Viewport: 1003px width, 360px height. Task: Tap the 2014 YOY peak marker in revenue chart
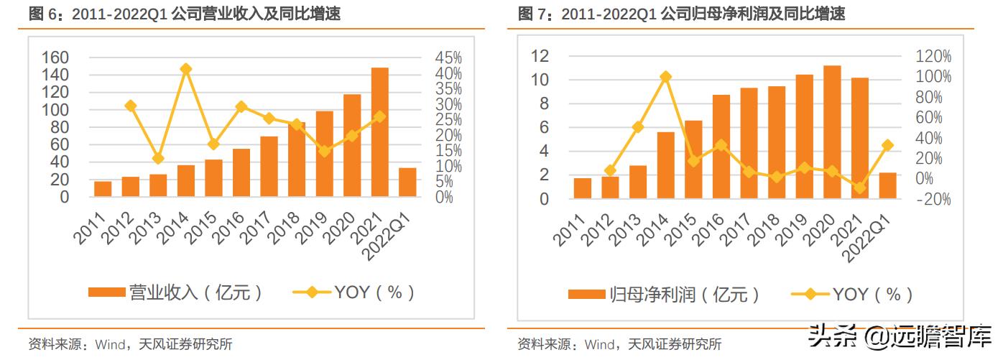click(x=186, y=69)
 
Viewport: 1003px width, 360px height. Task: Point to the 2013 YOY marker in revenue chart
click(x=158, y=158)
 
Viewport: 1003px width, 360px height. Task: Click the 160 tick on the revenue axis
click(x=55, y=57)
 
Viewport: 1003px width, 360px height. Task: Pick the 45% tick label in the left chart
click(x=448, y=57)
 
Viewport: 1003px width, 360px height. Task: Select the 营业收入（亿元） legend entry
click(x=175, y=292)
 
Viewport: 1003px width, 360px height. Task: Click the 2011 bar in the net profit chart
click(x=583, y=188)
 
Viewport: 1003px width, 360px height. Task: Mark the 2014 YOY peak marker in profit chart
click(x=666, y=76)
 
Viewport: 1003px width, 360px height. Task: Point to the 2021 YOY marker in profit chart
click(x=860, y=188)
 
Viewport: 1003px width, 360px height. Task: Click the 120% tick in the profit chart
click(x=933, y=56)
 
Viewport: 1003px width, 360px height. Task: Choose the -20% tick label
click(x=933, y=199)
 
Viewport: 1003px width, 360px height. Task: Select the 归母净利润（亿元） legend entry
click(x=664, y=294)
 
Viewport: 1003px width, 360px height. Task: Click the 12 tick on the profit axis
click(x=539, y=56)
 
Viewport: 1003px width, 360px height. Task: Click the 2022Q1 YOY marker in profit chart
click(x=887, y=145)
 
